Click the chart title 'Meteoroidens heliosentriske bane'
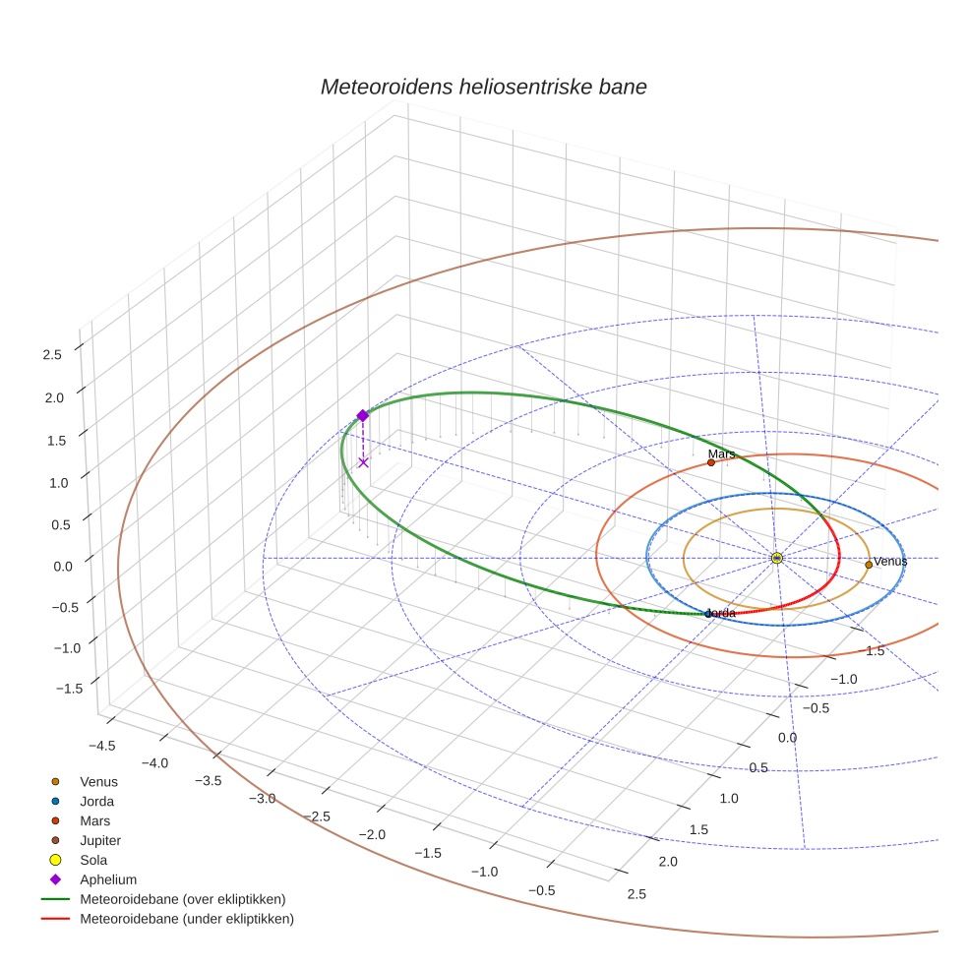point(483,87)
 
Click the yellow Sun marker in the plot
point(776,558)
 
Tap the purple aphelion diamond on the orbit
point(362,415)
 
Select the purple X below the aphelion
point(363,461)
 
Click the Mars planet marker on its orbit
point(710,462)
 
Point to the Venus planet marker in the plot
point(868,565)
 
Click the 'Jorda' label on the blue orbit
point(721,614)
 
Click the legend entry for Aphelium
point(107,879)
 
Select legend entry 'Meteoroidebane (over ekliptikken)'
point(182,899)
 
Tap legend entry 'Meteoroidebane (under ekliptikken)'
point(186,919)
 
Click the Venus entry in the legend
point(98,781)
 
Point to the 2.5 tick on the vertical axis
point(53,354)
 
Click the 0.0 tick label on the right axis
point(788,738)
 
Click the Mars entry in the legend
point(95,820)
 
